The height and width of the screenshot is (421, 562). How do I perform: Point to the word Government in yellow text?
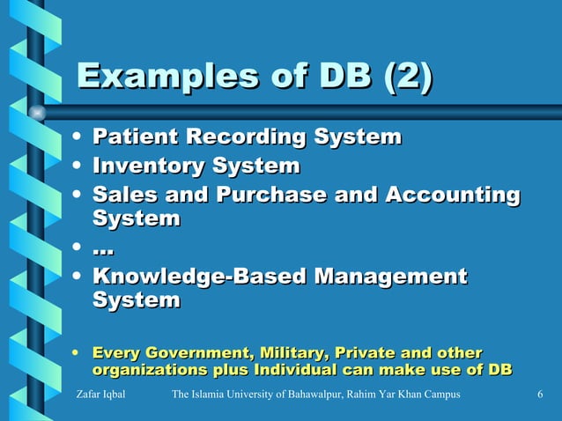200,353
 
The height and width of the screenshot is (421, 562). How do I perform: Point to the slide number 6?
539,394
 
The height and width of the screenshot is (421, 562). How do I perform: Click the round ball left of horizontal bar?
37,113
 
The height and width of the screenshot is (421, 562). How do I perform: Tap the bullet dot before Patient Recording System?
80,138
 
